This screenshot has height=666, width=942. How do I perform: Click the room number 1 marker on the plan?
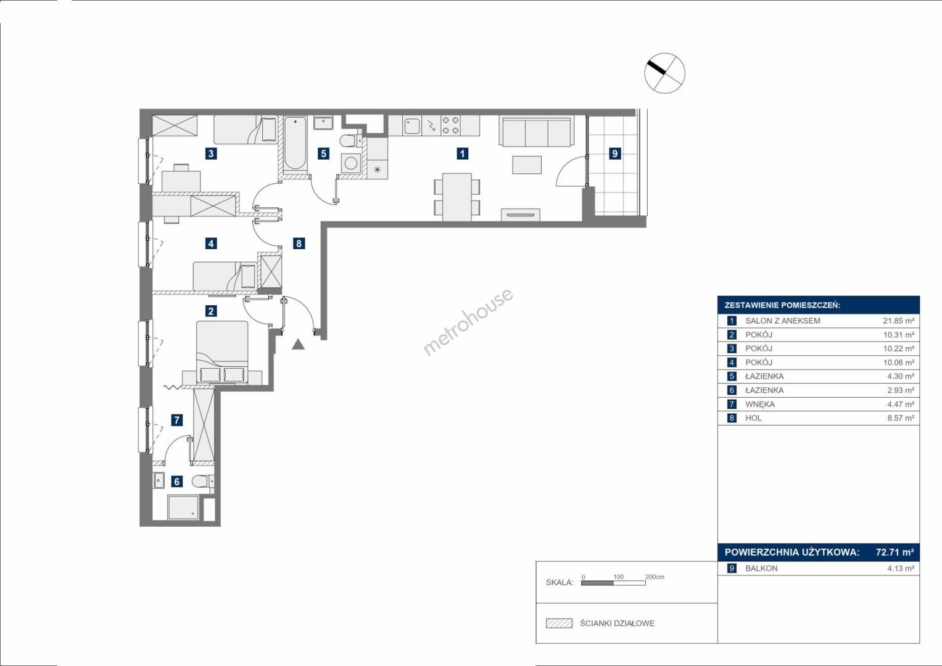tap(462, 154)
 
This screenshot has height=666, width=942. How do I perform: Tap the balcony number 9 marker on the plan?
tap(615, 154)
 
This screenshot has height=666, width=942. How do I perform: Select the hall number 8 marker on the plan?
tap(299, 244)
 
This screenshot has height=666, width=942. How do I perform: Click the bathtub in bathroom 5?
tap(295, 143)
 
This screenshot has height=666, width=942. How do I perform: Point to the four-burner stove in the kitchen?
tap(450, 125)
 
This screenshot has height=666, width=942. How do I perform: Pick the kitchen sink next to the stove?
tap(411, 126)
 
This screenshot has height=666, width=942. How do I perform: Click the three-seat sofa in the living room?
tap(536, 131)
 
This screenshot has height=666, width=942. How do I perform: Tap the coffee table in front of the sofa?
tap(526, 165)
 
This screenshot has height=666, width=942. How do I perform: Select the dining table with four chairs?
tap(457, 197)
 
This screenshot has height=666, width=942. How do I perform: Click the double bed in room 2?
tap(222, 352)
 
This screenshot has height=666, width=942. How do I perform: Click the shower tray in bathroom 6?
tap(183, 508)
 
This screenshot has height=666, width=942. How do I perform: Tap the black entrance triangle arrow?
tap(298, 344)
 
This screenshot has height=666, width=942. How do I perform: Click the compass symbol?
tap(664, 73)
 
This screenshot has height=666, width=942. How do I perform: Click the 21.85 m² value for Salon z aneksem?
tap(899, 321)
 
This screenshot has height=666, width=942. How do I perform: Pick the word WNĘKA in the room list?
tap(760, 404)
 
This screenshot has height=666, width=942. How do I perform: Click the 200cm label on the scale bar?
tap(655, 577)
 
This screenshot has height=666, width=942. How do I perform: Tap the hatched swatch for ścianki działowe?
tap(560, 623)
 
